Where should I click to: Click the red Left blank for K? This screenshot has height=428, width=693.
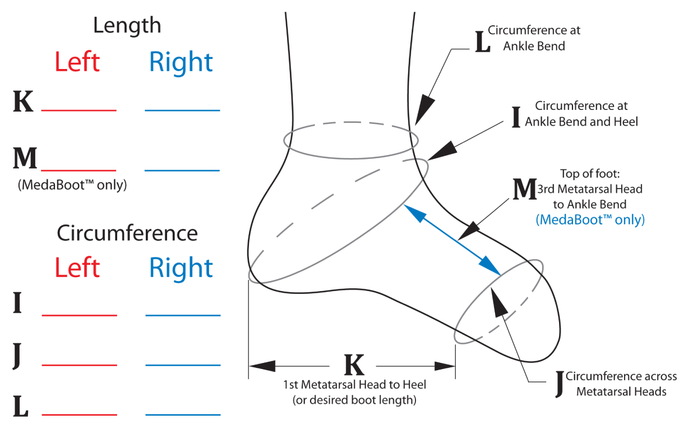tap(79, 110)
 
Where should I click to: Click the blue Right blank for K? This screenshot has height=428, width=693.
tap(182, 110)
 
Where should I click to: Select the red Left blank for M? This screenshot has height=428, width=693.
tap(79, 169)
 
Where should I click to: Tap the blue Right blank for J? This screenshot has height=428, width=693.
tap(183, 365)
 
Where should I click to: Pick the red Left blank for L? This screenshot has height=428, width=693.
tap(80, 415)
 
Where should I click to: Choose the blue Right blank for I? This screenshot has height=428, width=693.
tap(183, 315)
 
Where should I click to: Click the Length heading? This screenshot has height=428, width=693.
tap(127, 25)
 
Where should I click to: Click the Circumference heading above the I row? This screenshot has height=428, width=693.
tap(127, 233)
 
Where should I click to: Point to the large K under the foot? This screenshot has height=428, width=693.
tap(354, 366)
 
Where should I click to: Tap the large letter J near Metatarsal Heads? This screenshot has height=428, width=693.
tap(559, 384)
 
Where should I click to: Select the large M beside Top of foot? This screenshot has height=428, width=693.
tap(525, 190)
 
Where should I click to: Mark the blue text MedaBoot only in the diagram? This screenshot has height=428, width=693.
tap(590, 219)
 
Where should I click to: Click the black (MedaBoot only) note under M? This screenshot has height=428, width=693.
tap(72, 185)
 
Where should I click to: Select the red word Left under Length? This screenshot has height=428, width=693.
tap(77, 62)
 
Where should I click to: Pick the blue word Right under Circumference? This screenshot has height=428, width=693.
tap(181, 269)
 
